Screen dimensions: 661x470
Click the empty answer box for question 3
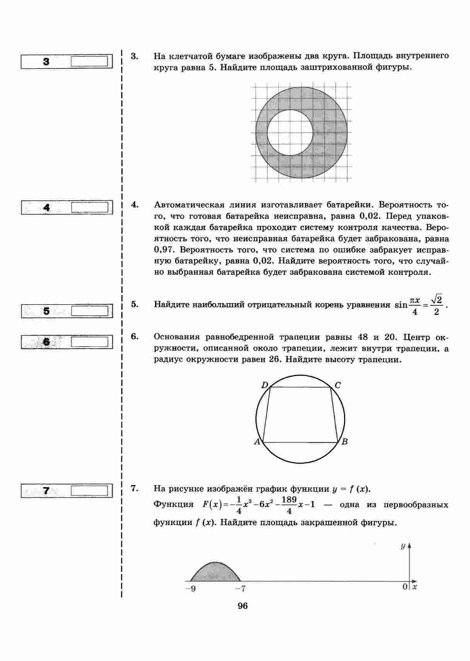[x=89, y=61]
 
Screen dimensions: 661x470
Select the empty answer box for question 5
[x=89, y=311]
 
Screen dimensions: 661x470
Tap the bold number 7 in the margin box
[x=46, y=491]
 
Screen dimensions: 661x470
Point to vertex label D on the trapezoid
[x=265, y=385]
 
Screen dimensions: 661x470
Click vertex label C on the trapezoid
[x=337, y=385]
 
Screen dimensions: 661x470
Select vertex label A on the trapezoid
[x=257, y=442]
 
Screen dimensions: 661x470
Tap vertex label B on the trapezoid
[x=344, y=442]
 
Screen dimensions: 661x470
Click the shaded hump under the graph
[x=215, y=573]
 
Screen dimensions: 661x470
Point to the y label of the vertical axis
[x=403, y=546]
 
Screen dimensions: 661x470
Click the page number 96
[x=243, y=606]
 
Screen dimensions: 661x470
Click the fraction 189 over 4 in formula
[x=289, y=505]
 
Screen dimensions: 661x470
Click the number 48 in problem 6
[x=363, y=337]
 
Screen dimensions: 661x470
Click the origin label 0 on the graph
[x=405, y=587]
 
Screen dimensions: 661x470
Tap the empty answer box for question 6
[x=89, y=342]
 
